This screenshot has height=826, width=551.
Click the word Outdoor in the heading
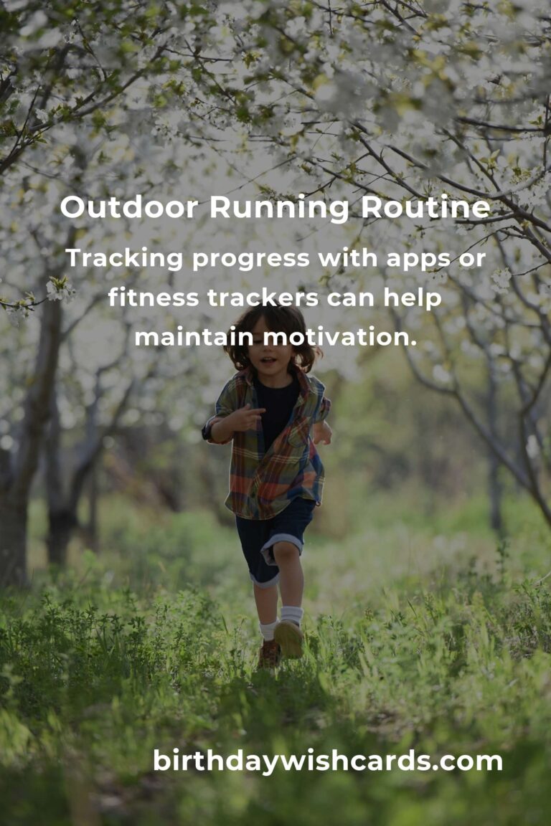coord(129,207)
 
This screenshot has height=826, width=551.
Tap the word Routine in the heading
coord(425,207)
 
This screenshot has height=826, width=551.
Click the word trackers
coord(263,298)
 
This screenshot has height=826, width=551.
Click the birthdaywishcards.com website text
coord(328,761)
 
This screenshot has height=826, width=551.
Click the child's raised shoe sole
coord(289,638)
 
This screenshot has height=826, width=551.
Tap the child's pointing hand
coord(246,418)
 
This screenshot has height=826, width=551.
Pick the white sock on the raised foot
coord(291,614)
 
